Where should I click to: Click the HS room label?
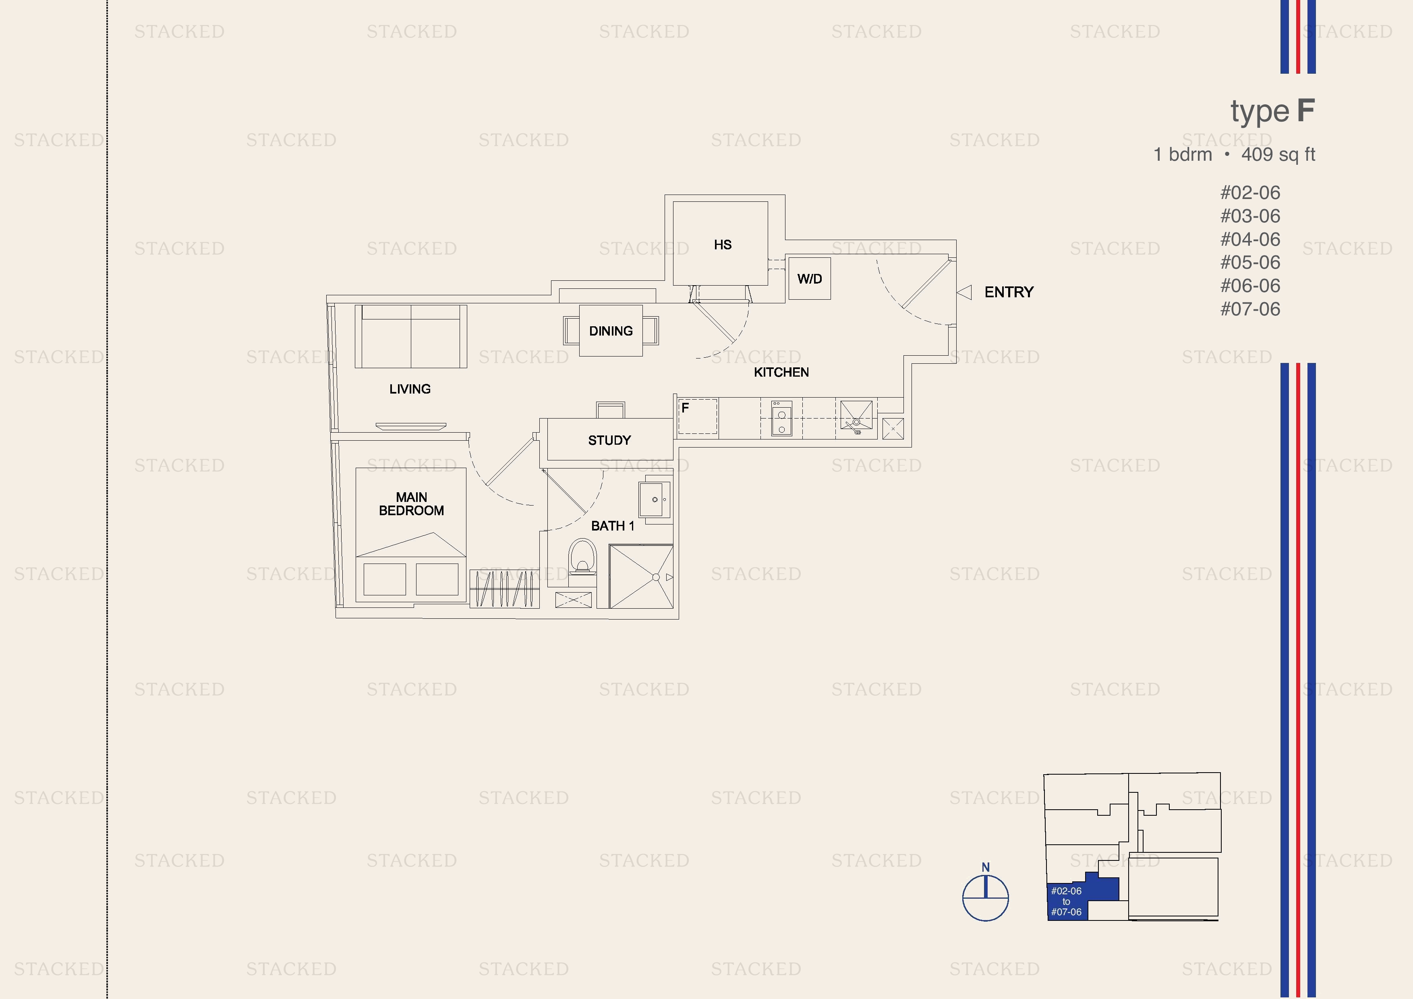point(723,245)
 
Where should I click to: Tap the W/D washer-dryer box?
point(809,279)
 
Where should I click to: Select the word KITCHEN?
point(781,372)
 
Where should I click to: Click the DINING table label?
point(611,331)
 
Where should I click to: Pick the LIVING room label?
point(410,389)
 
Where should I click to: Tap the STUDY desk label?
point(609,440)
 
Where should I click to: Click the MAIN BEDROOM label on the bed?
point(411,504)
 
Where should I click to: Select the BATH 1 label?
point(612,526)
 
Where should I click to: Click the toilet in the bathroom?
point(582,557)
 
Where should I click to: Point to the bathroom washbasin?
point(655,499)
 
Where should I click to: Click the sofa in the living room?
point(410,336)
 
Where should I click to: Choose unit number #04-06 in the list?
point(1250,239)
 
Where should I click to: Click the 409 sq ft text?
point(1278,155)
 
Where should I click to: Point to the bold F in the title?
point(1306,111)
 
